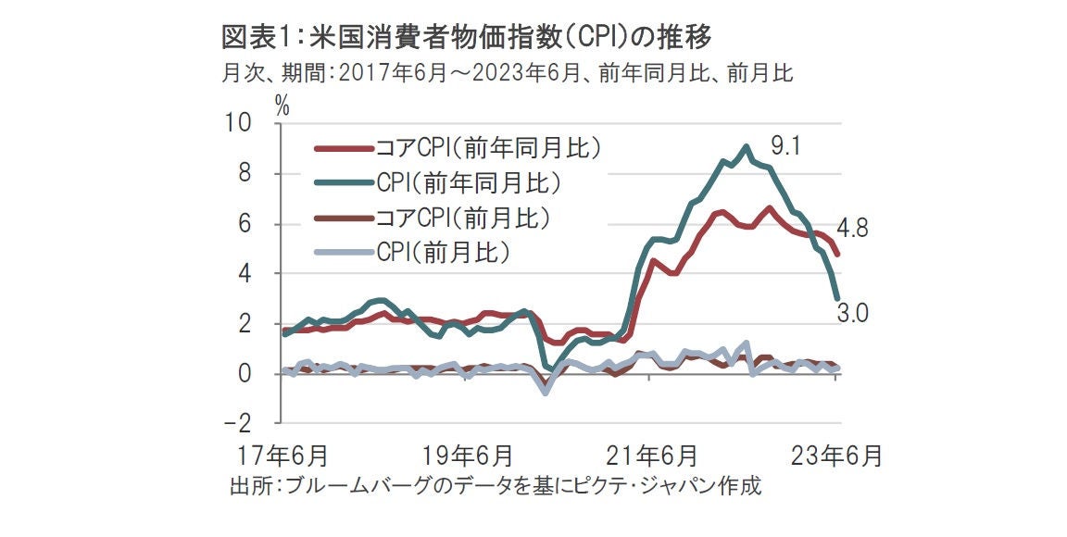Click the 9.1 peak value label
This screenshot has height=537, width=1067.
pos(785,145)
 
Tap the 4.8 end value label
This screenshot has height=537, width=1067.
pos(852,229)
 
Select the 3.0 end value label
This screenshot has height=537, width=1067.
pos(852,313)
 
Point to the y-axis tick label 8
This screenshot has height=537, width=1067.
pos(245,173)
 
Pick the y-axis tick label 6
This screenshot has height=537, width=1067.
pos(245,223)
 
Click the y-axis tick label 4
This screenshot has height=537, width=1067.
pos(245,274)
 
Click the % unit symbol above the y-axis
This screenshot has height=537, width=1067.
pos(282,106)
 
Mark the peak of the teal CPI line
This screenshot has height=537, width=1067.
pos(747,146)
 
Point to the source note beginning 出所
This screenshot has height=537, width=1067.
pos(496,486)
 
